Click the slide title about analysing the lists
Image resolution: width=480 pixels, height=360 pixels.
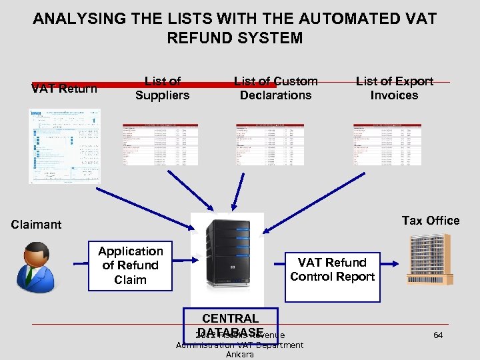point(235,28)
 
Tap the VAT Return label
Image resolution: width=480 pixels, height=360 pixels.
point(64,89)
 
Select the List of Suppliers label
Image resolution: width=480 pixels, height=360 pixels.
point(162,88)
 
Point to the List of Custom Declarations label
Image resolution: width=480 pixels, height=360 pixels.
point(275,88)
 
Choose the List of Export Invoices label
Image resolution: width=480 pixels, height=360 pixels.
point(394,88)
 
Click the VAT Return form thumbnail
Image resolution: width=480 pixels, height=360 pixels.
point(64,145)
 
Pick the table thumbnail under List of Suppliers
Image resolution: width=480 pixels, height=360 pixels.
point(160,143)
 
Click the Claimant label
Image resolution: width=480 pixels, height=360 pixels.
point(36,225)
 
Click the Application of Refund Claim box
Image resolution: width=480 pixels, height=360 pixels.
point(131,265)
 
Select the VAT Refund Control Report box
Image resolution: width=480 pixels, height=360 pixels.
point(332,269)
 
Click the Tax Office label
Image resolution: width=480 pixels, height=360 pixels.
point(430,221)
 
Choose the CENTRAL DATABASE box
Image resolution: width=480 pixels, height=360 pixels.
point(230,325)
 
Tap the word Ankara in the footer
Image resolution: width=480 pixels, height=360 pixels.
point(239,354)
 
